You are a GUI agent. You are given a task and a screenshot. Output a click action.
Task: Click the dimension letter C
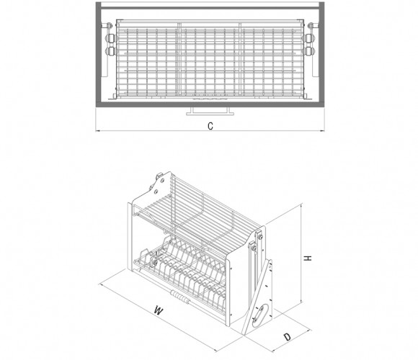tap(210, 126)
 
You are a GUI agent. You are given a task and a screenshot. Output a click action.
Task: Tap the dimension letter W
tap(159, 310)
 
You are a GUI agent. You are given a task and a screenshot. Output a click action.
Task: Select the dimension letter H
tap(308, 258)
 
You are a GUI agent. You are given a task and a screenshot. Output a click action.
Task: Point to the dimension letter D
tap(288, 337)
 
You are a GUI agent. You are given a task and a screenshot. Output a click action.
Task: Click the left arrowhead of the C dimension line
tap(97, 131)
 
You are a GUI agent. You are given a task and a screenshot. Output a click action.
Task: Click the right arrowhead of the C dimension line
tap(323, 131)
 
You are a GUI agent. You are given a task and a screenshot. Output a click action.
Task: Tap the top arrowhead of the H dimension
tap(301, 205)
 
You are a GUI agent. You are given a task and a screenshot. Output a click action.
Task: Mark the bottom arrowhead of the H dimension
tap(301, 301)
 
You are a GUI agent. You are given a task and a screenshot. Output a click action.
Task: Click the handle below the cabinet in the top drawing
tap(210, 112)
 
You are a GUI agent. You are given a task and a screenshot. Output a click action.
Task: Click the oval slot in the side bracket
tap(258, 316)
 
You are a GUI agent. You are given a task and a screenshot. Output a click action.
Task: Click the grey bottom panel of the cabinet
tap(210, 104)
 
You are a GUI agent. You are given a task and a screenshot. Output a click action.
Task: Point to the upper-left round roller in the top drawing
tap(110, 38)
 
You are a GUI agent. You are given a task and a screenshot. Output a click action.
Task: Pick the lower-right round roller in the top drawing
tap(310, 51)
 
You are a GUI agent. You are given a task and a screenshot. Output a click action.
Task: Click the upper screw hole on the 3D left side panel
tap(162, 181)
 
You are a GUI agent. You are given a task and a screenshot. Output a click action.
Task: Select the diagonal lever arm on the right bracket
tap(257, 297)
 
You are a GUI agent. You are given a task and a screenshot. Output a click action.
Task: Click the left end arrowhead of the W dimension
tap(100, 284)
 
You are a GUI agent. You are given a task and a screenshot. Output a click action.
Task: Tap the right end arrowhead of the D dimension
tap(308, 330)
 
